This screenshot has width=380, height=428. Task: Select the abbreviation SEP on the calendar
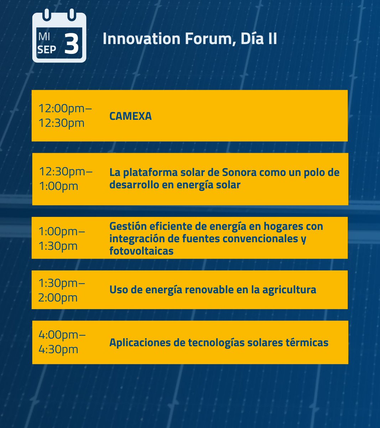[47, 49]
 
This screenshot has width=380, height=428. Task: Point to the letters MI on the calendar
[44, 36]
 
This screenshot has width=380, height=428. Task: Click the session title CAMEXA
[130, 116]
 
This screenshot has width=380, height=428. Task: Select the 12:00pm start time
[65, 108]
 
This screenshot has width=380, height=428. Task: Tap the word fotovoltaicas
[141, 251]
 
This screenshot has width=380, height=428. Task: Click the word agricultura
[289, 290]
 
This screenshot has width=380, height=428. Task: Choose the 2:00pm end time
[58, 297]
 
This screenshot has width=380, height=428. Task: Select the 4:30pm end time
[58, 349]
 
